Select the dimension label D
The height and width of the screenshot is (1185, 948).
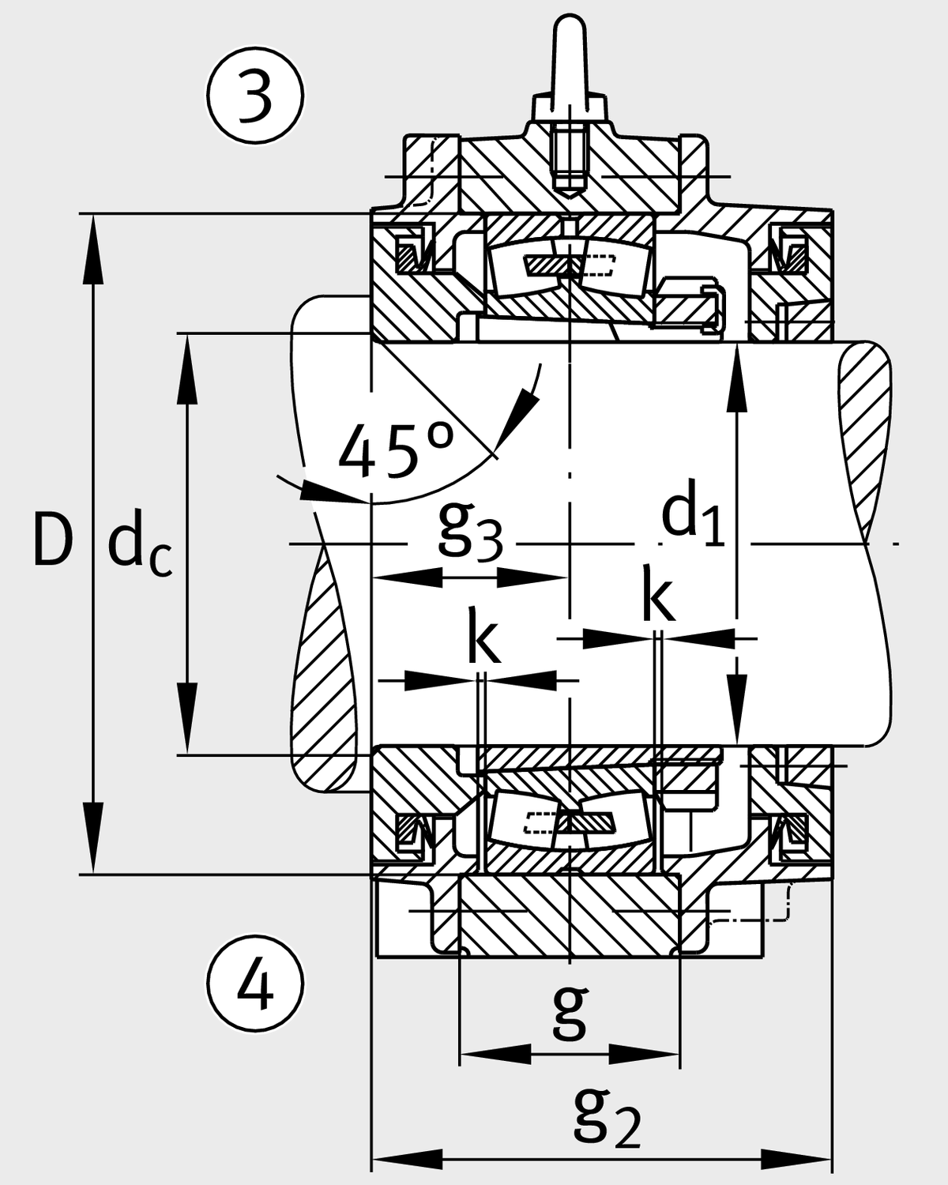click(x=52, y=540)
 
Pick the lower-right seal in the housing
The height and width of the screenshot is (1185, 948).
click(x=790, y=833)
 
